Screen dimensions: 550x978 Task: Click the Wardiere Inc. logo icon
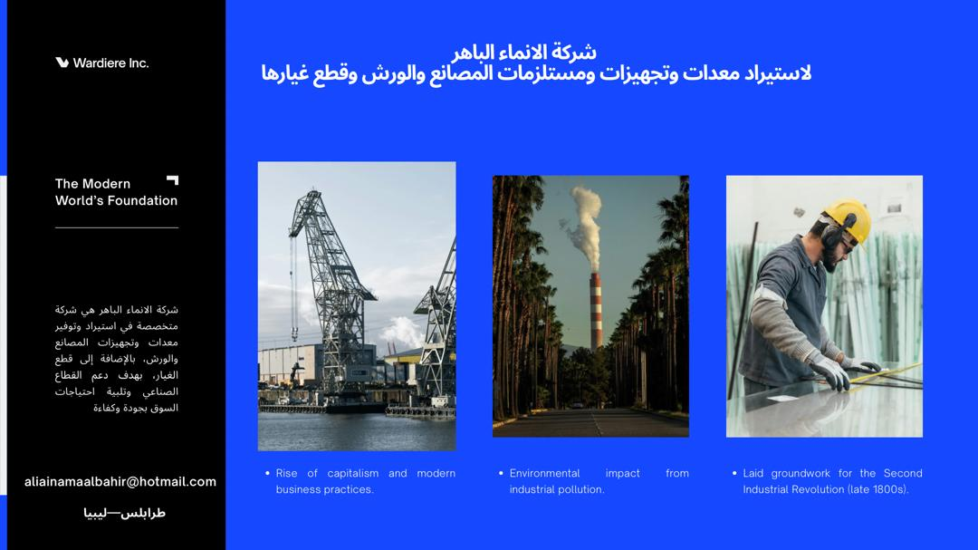tap(62, 63)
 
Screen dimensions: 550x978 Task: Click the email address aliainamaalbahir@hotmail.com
tap(120, 482)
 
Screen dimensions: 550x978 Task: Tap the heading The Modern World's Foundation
tap(116, 192)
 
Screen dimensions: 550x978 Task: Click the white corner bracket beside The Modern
tap(173, 179)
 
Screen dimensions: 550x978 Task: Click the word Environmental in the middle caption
tap(544, 473)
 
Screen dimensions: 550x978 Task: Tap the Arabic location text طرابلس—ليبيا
tap(125, 513)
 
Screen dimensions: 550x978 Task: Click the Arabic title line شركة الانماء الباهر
tap(523, 52)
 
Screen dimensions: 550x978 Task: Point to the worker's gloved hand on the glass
tap(830, 371)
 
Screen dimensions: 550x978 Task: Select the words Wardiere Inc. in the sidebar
tap(110, 63)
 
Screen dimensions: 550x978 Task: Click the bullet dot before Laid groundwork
tap(734, 473)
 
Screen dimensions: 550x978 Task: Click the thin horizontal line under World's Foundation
tap(117, 227)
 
